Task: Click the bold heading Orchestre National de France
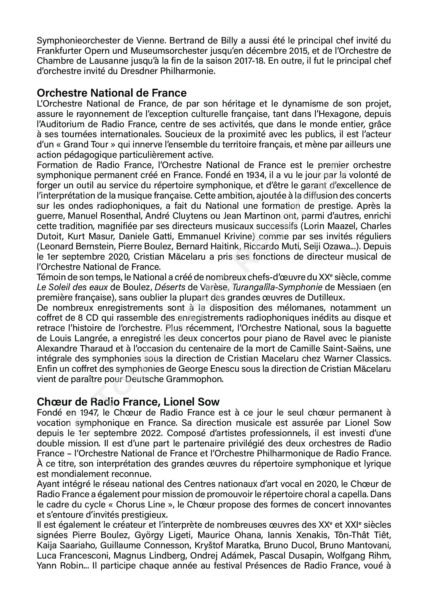(112, 93)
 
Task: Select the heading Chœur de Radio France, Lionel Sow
(128, 401)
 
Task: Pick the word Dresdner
(135, 72)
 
